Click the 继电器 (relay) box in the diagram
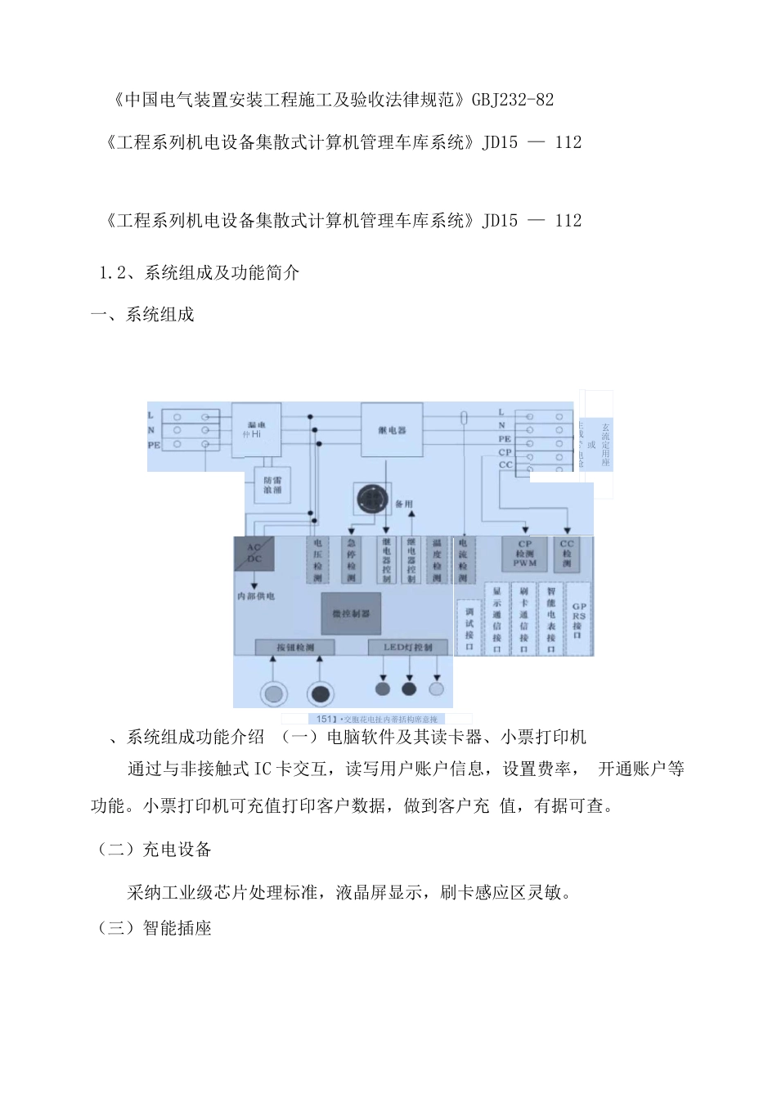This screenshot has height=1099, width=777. pyautogui.click(x=393, y=430)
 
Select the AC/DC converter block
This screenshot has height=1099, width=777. pyautogui.click(x=254, y=554)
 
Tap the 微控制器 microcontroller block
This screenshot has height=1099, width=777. pyautogui.click(x=351, y=613)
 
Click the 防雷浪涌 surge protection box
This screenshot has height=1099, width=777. pyautogui.click(x=272, y=487)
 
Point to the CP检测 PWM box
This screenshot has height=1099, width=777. pyautogui.click(x=524, y=554)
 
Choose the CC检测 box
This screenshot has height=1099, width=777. pyautogui.click(x=567, y=554)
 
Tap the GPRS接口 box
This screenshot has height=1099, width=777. pyautogui.click(x=579, y=619)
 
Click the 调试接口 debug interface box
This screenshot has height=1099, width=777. pyautogui.click(x=469, y=627)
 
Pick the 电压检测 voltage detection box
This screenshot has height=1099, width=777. pyautogui.click(x=317, y=560)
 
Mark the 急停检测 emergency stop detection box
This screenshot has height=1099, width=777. pyautogui.click(x=352, y=560)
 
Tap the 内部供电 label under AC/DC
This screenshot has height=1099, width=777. pyautogui.click(x=255, y=596)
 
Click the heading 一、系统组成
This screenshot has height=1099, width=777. pyautogui.click(x=142, y=315)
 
